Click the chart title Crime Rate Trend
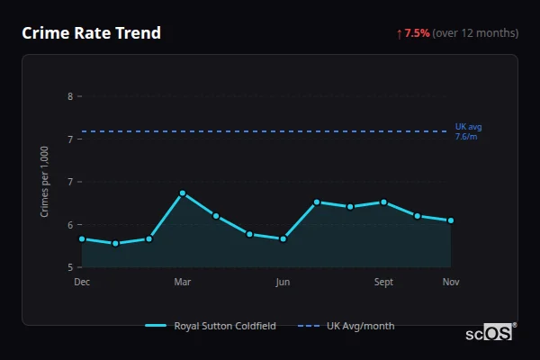[x=91, y=33]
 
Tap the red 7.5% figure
[x=417, y=33]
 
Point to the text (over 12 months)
[x=475, y=33]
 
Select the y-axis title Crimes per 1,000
[x=45, y=183]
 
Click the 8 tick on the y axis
[x=70, y=96]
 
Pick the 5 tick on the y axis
[x=70, y=267]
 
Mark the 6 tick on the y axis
[x=70, y=225]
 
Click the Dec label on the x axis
[x=82, y=283]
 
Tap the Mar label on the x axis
[x=183, y=283]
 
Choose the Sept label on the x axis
[x=383, y=283]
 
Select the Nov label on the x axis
[x=451, y=283]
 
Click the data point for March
[x=183, y=193]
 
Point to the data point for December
[x=82, y=239]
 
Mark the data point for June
[x=283, y=239]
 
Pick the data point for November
[x=451, y=220]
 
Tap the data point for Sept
[x=383, y=202]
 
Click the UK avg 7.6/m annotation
[x=468, y=132]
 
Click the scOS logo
[x=489, y=333]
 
